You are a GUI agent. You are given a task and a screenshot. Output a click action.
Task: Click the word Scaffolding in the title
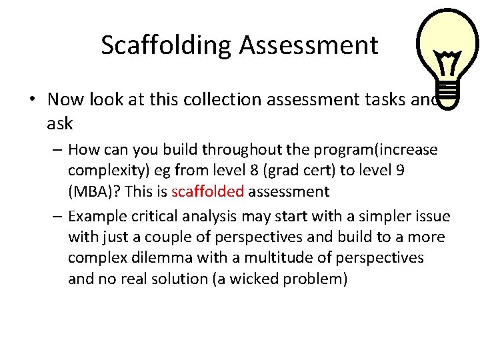(167, 45)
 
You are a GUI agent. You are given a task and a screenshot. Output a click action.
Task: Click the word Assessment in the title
(309, 45)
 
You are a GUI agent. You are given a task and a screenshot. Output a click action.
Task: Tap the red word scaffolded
(207, 192)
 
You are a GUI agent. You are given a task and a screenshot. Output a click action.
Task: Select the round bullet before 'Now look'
(33, 100)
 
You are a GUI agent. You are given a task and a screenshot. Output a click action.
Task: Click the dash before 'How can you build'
(57, 149)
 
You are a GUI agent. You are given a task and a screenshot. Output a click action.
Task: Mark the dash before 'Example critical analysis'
(57, 216)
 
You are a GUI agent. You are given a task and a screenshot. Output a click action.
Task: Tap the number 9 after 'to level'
(399, 170)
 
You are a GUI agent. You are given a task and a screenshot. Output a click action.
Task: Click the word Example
(95, 216)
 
